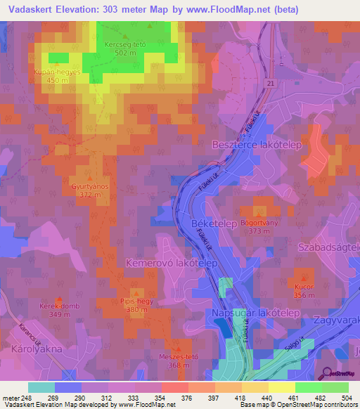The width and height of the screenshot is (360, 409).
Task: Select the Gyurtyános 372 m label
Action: coord(89,190)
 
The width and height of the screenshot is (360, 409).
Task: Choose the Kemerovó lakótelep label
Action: coord(172,262)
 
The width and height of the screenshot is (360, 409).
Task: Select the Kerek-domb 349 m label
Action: coord(59,310)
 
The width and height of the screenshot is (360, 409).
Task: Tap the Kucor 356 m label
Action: coord(304,291)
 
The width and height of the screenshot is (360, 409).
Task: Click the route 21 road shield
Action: coord(269,84)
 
